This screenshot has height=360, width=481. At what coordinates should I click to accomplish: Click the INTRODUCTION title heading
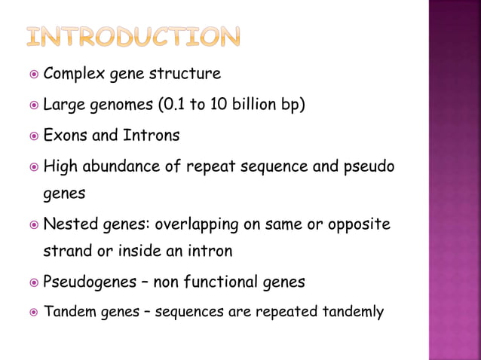133,36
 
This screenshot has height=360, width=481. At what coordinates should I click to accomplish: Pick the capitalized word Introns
154,136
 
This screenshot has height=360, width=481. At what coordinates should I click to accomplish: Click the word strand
66,250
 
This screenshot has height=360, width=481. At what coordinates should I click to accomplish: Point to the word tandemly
355,310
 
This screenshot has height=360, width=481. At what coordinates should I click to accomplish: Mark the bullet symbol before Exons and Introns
30,136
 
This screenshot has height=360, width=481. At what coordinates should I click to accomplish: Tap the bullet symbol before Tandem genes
30,311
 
